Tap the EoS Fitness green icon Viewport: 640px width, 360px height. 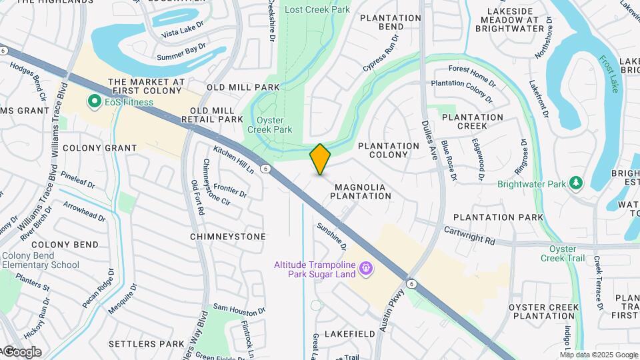(94, 102)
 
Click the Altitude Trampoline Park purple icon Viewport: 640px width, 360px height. (365, 269)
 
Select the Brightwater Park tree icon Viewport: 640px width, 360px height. (575, 183)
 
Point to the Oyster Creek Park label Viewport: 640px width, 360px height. (270, 124)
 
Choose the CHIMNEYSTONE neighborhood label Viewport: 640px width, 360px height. (227, 237)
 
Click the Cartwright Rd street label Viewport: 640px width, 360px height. (470, 235)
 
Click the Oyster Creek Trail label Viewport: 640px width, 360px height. (562, 253)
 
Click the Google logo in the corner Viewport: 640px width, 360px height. (21, 352)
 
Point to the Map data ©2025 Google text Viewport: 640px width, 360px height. (599, 355)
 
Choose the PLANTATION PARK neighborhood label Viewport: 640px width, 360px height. (498, 217)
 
